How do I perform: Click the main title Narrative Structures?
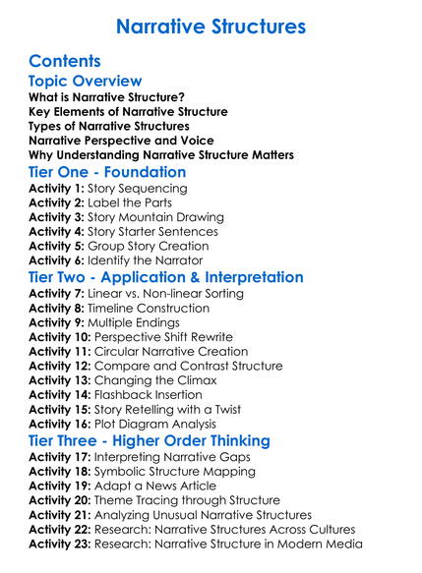tap(211, 26)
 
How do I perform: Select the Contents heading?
tap(65, 61)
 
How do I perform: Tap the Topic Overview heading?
tap(86, 81)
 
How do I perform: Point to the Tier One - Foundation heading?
tap(107, 172)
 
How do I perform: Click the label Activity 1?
tap(57, 188)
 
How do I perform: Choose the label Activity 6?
tap(57, 260)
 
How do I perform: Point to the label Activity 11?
tap(60, 351)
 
